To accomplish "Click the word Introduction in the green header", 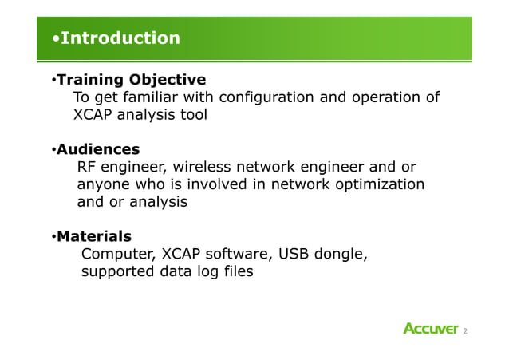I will point(120,38).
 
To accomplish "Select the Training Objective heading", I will point(131,80).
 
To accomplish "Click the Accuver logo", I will point(431,330).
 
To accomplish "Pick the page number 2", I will point(465,330).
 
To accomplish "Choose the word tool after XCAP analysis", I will point(192,115).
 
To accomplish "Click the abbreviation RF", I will point(87,167).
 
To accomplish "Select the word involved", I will point(229,184).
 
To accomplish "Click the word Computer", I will point(118,255).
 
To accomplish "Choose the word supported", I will point(120,272).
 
